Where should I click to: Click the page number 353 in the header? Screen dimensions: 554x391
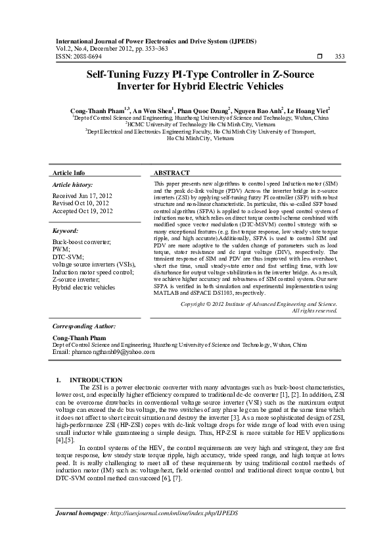click(340, 57)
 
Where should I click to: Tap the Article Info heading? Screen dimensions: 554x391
click(68, 172)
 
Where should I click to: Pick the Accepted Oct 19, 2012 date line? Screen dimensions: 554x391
click(82, 211)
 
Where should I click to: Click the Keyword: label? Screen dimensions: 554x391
click(65, 232)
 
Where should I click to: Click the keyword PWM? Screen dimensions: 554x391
click(60, 250)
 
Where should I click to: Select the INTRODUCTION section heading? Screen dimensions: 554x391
click(95, 380)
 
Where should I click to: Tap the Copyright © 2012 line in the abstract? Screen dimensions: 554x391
click(259, 304)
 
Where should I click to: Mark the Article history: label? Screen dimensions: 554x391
click(72, 185)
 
